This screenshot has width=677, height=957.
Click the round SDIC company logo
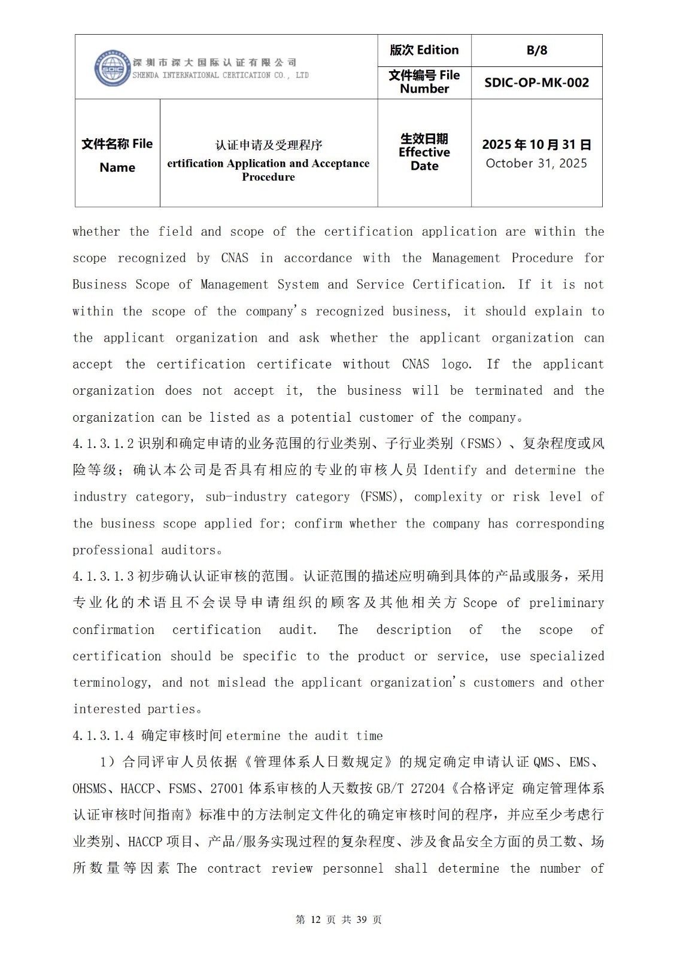pos(113,68)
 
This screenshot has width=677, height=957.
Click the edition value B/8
pos(536,50)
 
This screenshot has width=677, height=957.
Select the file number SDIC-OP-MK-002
pos(536,83)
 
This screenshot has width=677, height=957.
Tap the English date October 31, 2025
pos(536,163)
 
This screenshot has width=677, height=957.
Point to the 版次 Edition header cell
pos(424,50)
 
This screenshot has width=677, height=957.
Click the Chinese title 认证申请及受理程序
pos(269,145)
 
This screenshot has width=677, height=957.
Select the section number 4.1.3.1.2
pos(103,444)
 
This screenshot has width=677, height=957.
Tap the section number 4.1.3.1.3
pos(103,576)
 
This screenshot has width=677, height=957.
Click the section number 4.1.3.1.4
pos(103,736)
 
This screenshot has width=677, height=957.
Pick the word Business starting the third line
pos(99,285)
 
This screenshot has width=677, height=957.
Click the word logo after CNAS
pos(456,364)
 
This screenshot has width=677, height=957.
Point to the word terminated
pos(508,391)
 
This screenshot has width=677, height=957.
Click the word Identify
pos(450,470)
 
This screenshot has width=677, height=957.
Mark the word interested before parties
pos(108,709)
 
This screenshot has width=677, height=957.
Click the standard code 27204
pos(428,788)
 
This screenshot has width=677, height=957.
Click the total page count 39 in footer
pos(361,919)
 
